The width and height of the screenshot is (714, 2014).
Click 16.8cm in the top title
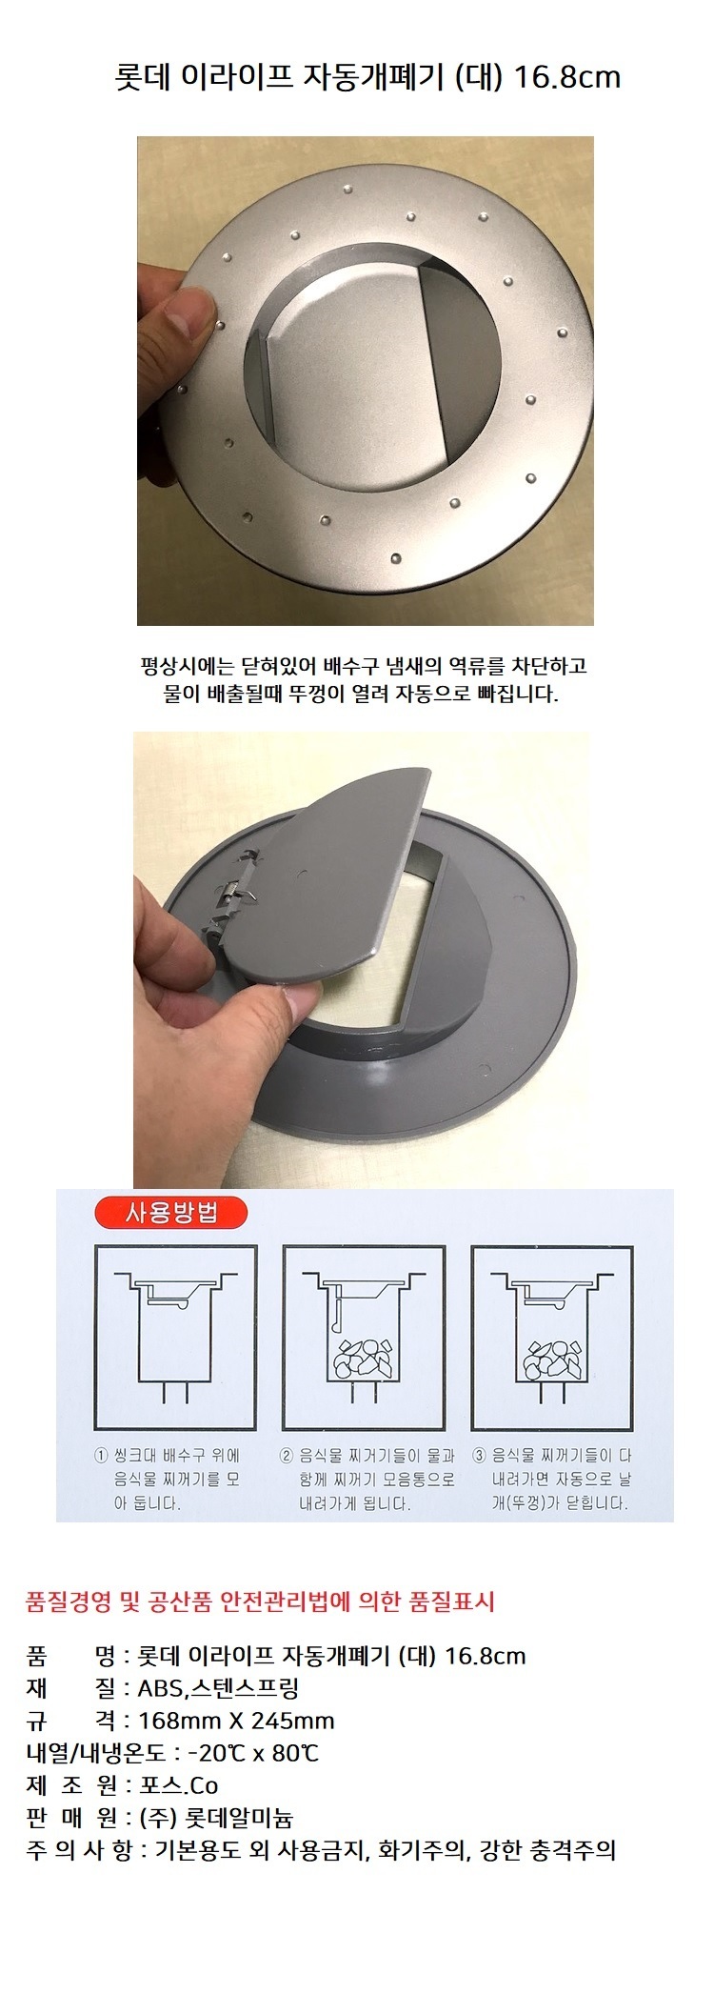pyautogui.click(x=567, y=77)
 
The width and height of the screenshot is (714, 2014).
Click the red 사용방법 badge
pyautogui.click(x=172, y=1213)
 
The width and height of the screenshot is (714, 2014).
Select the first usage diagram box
pyautogui.click(x=176, y=1337)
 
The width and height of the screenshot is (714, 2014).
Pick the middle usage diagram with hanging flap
pyautogui.click(x=364, y=1337)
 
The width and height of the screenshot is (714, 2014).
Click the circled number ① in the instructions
pyautogui.click(x=101, y=1456)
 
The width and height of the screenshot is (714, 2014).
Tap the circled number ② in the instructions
pyautogui.click(x=287, y=1456)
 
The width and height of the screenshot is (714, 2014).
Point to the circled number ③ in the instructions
pyautogui.click(x=480, y=1456)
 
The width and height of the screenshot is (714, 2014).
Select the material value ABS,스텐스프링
pyautogui.click(x=218, y=1688)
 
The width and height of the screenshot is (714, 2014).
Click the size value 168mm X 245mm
pyautogui.click(x=236, y=1721)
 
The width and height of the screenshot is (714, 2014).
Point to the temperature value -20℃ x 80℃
pyautogui.click(x=253, y=1753)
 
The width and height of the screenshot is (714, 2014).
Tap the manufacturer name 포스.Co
pyautogui.click(x=179, y=1784)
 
